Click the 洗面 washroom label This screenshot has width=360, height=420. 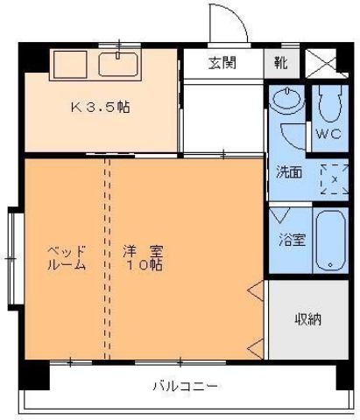290,172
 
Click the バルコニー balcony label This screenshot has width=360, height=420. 185,385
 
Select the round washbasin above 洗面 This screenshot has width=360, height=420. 286,103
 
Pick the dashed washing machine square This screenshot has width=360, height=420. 334,178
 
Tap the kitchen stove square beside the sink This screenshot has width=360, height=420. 69,64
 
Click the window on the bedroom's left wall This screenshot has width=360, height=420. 11,257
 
